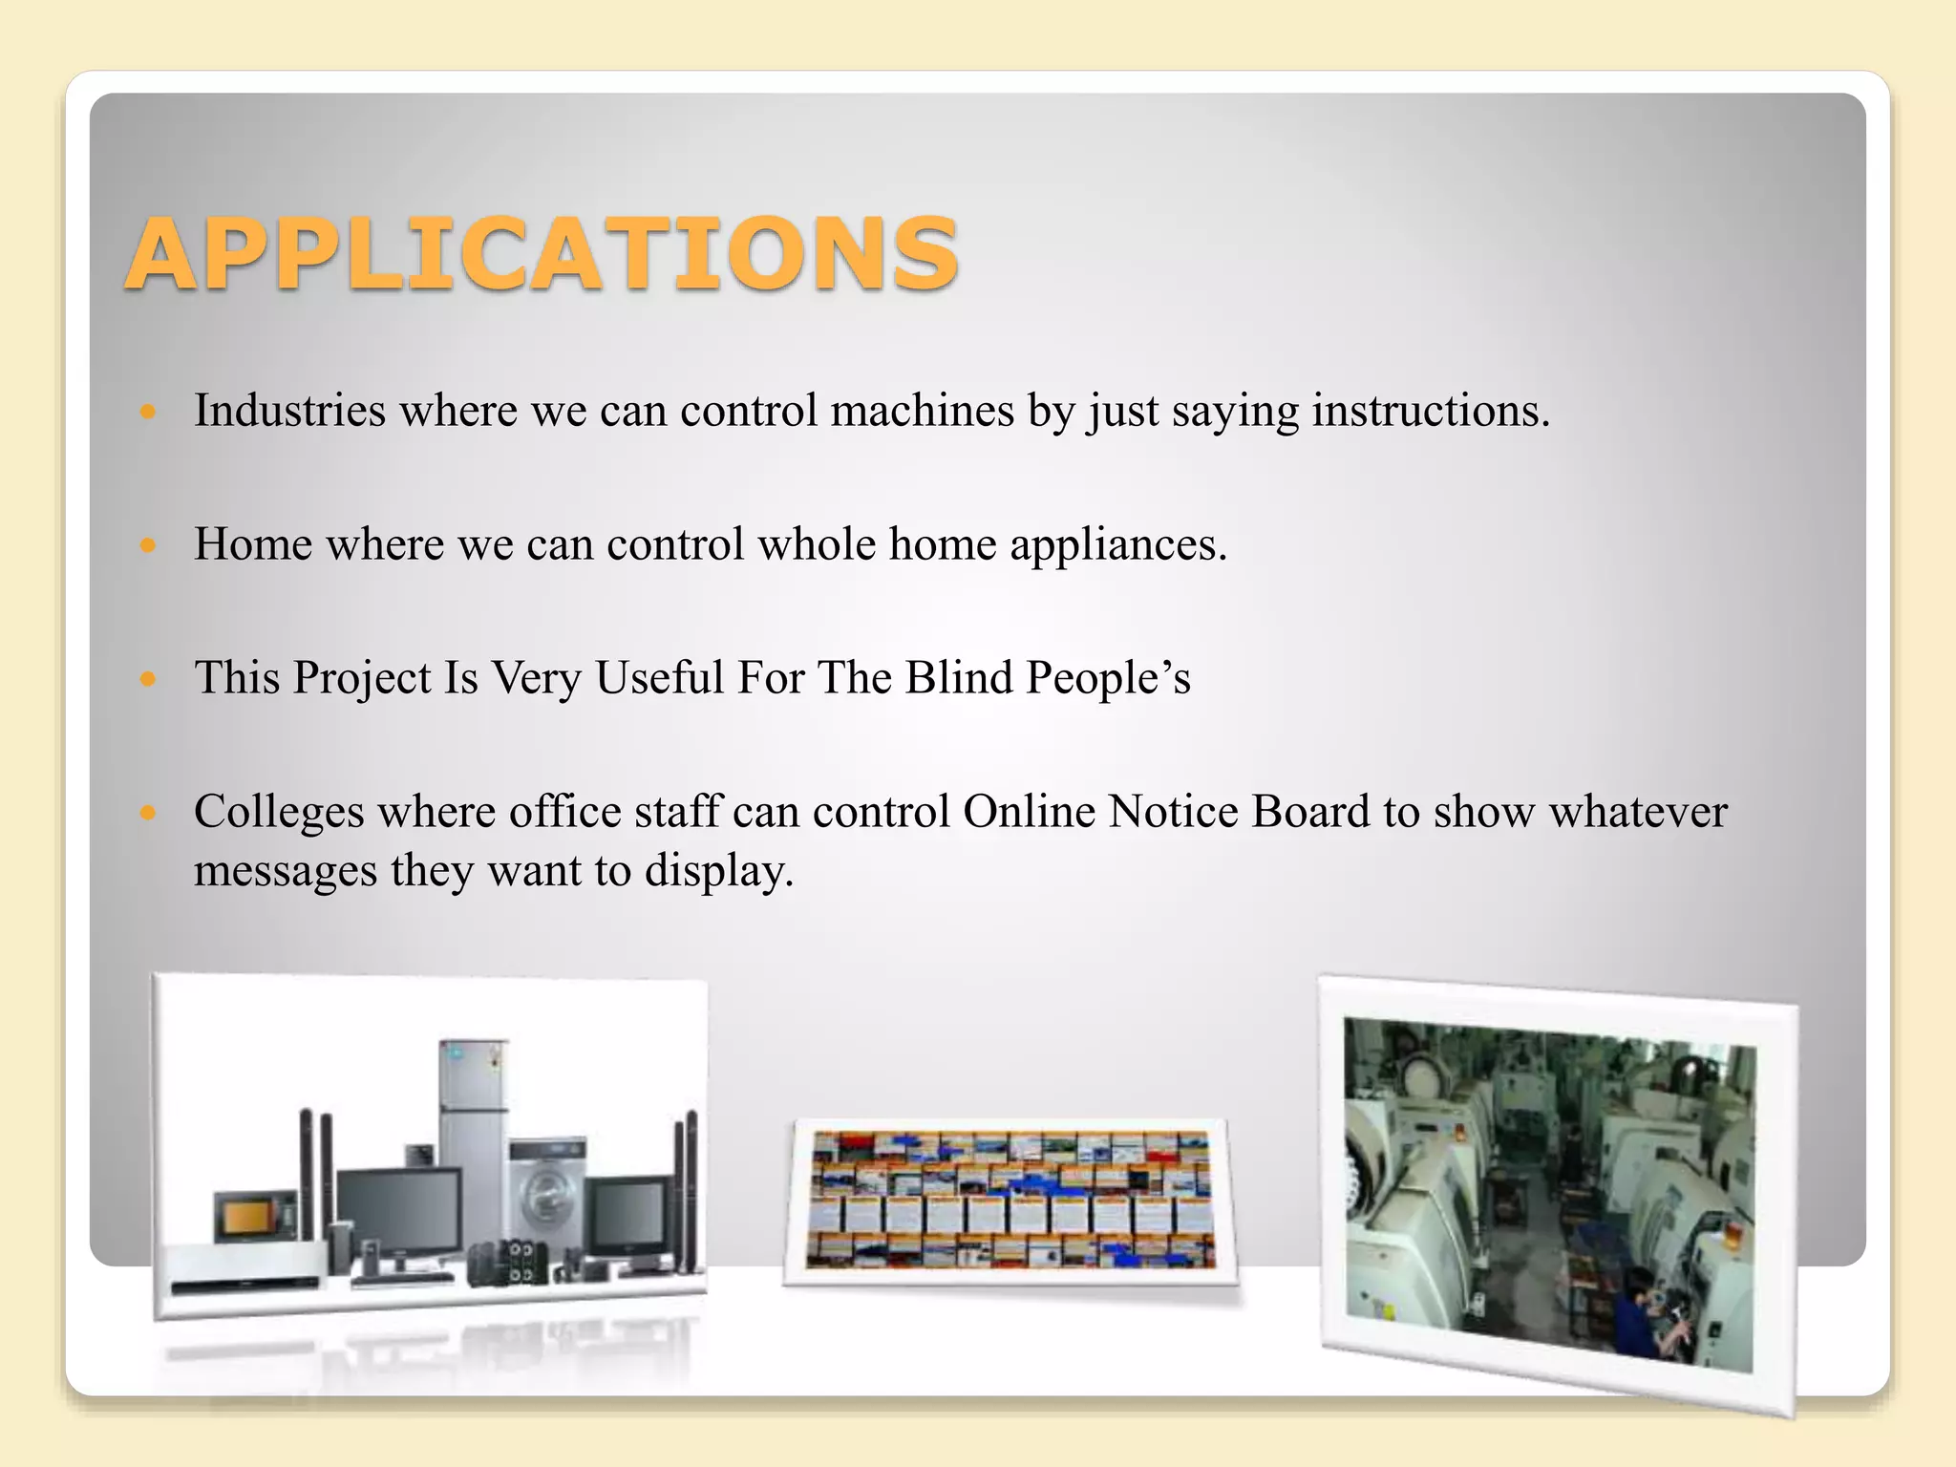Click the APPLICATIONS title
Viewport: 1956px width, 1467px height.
click(541, 253)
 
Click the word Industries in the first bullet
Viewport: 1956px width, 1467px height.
click(289, 411)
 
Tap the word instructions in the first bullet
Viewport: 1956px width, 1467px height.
click(1429, 411)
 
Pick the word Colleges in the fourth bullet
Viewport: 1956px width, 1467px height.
click(279, 813)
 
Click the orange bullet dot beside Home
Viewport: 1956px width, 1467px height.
click(147, 545)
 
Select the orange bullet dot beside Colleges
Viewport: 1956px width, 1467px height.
click(147, 813)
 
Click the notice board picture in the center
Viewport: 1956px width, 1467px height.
click(1010, 1201)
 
